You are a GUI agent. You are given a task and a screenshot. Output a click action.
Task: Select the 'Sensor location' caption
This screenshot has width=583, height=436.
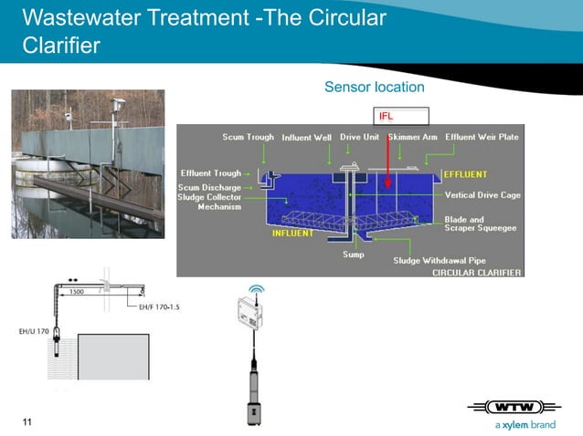click(x=374, y=87)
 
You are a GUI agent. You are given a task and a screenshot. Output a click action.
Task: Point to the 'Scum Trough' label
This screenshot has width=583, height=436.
click(x=248, y=137)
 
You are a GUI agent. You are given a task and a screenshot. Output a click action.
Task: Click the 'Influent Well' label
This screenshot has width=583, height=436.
click(x=308, y=137)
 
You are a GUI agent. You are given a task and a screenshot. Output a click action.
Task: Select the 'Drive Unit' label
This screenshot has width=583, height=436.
click(x=360, y=137)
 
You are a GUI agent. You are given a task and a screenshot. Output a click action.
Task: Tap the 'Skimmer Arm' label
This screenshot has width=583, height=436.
click(x=412, y=137)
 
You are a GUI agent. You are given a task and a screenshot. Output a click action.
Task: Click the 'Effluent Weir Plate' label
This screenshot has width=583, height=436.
click(x=482, y=137)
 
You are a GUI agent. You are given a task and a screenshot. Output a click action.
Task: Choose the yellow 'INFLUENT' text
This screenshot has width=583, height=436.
click(x=293, y=234)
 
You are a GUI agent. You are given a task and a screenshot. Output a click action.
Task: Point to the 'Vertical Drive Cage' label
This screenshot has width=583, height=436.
click(x=482, y=194)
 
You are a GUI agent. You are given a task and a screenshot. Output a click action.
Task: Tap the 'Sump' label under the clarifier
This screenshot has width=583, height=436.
click(x=353, y=254)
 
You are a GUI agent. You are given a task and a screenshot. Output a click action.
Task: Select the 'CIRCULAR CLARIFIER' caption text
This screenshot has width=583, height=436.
click(x=476, y=272)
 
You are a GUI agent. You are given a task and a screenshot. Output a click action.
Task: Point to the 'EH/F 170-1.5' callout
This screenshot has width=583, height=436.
click(x=159, y=307)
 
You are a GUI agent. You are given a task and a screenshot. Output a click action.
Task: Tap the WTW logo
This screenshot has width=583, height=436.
click(x=520, y=407)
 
